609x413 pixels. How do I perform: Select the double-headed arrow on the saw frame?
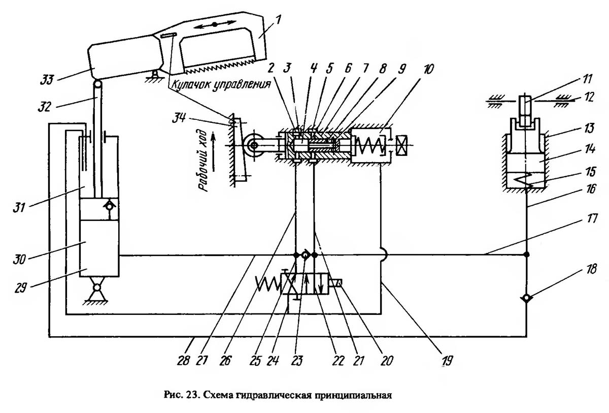[215, 24]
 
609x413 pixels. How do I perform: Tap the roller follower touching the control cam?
[252, 145]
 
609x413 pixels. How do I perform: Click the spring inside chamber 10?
[369, 145]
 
